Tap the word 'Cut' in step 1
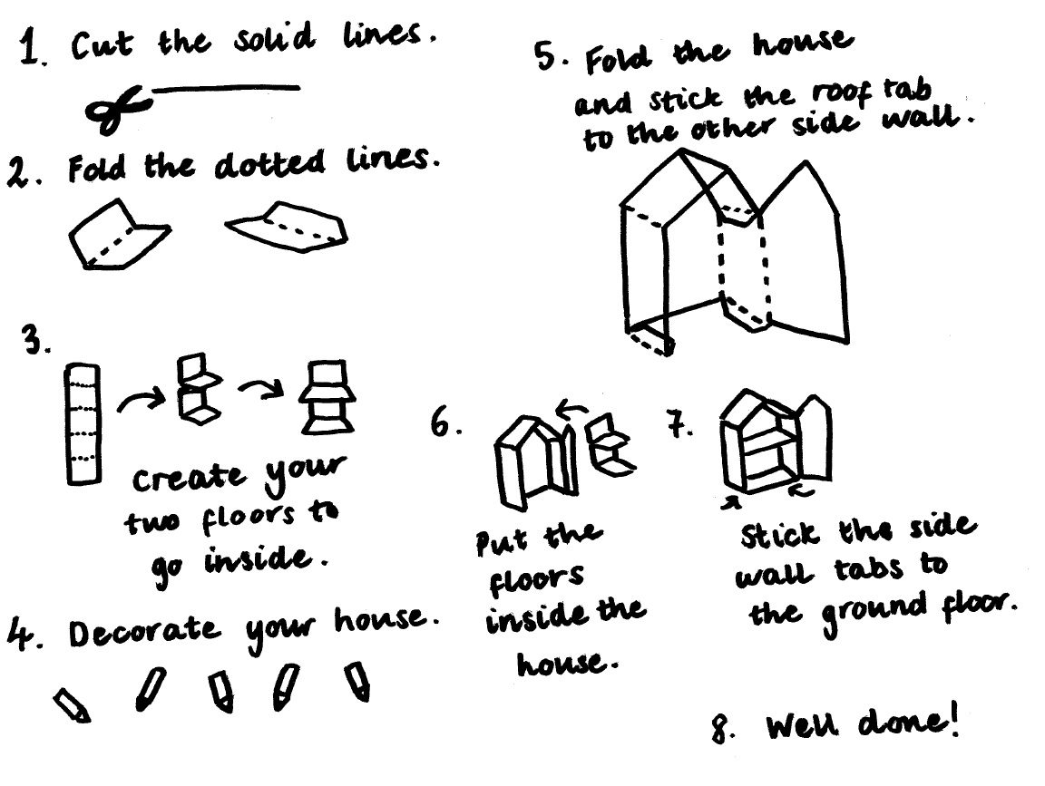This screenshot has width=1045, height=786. pos(102,46)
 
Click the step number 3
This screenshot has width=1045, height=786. pos(35,340)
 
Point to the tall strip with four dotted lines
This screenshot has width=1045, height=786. pos(83,423)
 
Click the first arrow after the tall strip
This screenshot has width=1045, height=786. pos(142,400)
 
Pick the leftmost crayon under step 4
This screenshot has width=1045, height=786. pos(72,705)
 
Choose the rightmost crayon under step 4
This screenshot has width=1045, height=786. pos(358,681)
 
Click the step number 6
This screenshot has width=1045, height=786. pos(445,422)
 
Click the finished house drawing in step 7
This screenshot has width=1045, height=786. pos(776,442)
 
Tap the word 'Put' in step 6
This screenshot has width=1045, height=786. pos(503,541)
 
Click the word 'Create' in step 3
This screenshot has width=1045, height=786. pos(189,479)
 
